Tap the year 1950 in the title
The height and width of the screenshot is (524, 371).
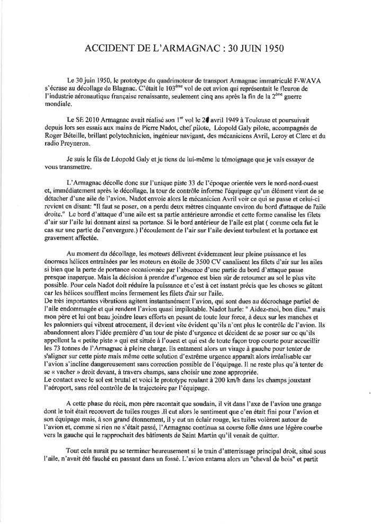[270, 49]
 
